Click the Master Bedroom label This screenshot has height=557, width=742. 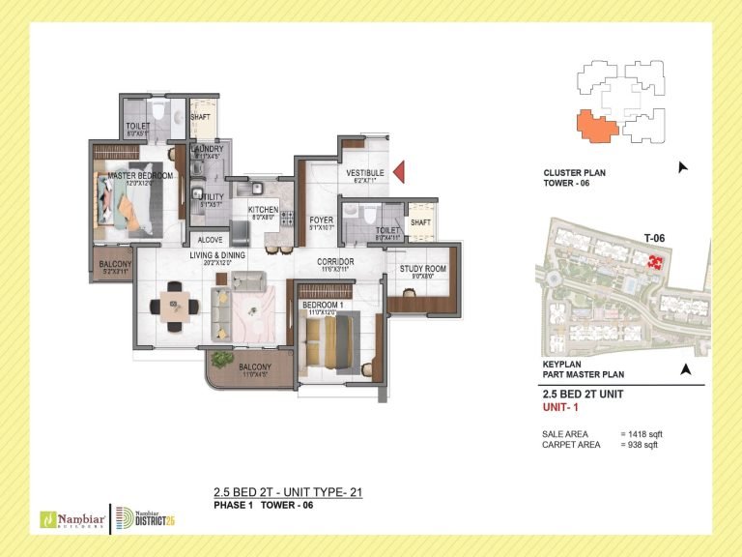(141, 175)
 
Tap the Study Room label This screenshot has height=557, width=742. (422, 269)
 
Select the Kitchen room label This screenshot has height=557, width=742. (263, 210)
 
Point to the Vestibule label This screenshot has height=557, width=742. (365, 173)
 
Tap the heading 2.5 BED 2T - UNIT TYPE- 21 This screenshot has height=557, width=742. (287, 493)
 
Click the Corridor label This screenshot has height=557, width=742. (335, 262)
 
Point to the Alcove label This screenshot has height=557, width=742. (210, 239)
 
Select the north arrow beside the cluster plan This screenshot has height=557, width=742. (684, 167)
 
